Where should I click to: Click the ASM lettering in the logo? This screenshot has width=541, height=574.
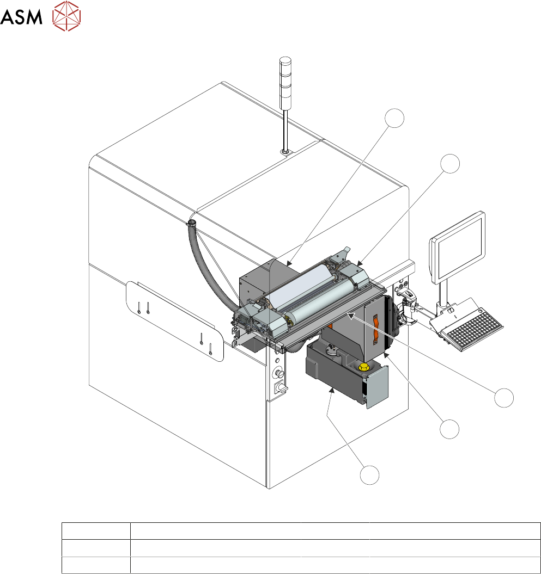[x=21, y=17]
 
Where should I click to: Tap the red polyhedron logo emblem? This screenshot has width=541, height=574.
[x=66, y=16]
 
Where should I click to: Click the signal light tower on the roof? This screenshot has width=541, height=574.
[x=285, y=83]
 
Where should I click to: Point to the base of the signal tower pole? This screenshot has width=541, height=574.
[x=285, y=151]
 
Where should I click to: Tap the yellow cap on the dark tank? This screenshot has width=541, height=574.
[x=364, y=367]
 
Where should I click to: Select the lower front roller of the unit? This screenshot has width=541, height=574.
[x=321, y=303]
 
